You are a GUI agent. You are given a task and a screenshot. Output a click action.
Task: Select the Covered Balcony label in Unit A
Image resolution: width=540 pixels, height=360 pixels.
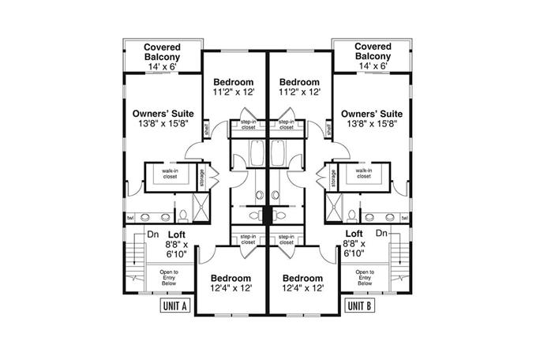(x=162, y=52)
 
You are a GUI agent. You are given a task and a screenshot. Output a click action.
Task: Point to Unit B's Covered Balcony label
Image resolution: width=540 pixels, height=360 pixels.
(x=373, y=52)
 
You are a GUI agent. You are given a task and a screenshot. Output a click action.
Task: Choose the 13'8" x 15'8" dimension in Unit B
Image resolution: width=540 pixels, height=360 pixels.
(x=369, y=123)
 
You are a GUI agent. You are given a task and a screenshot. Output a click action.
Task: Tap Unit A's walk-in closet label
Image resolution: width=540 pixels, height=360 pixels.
(x=170, y=174)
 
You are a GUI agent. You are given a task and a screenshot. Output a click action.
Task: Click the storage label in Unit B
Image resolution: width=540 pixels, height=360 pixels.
(x=334, y=178)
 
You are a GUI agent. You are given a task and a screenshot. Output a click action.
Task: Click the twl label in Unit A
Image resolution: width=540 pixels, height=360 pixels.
(x=130, y=217)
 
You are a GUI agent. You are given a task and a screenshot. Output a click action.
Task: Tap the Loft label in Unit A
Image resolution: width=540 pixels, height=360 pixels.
(x=177, y=234)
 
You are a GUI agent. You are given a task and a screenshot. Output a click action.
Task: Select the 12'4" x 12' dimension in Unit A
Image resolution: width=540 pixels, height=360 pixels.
(x=231, y=290)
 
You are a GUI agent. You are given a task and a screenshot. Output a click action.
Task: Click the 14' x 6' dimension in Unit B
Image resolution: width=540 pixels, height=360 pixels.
(x=373, y=67)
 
